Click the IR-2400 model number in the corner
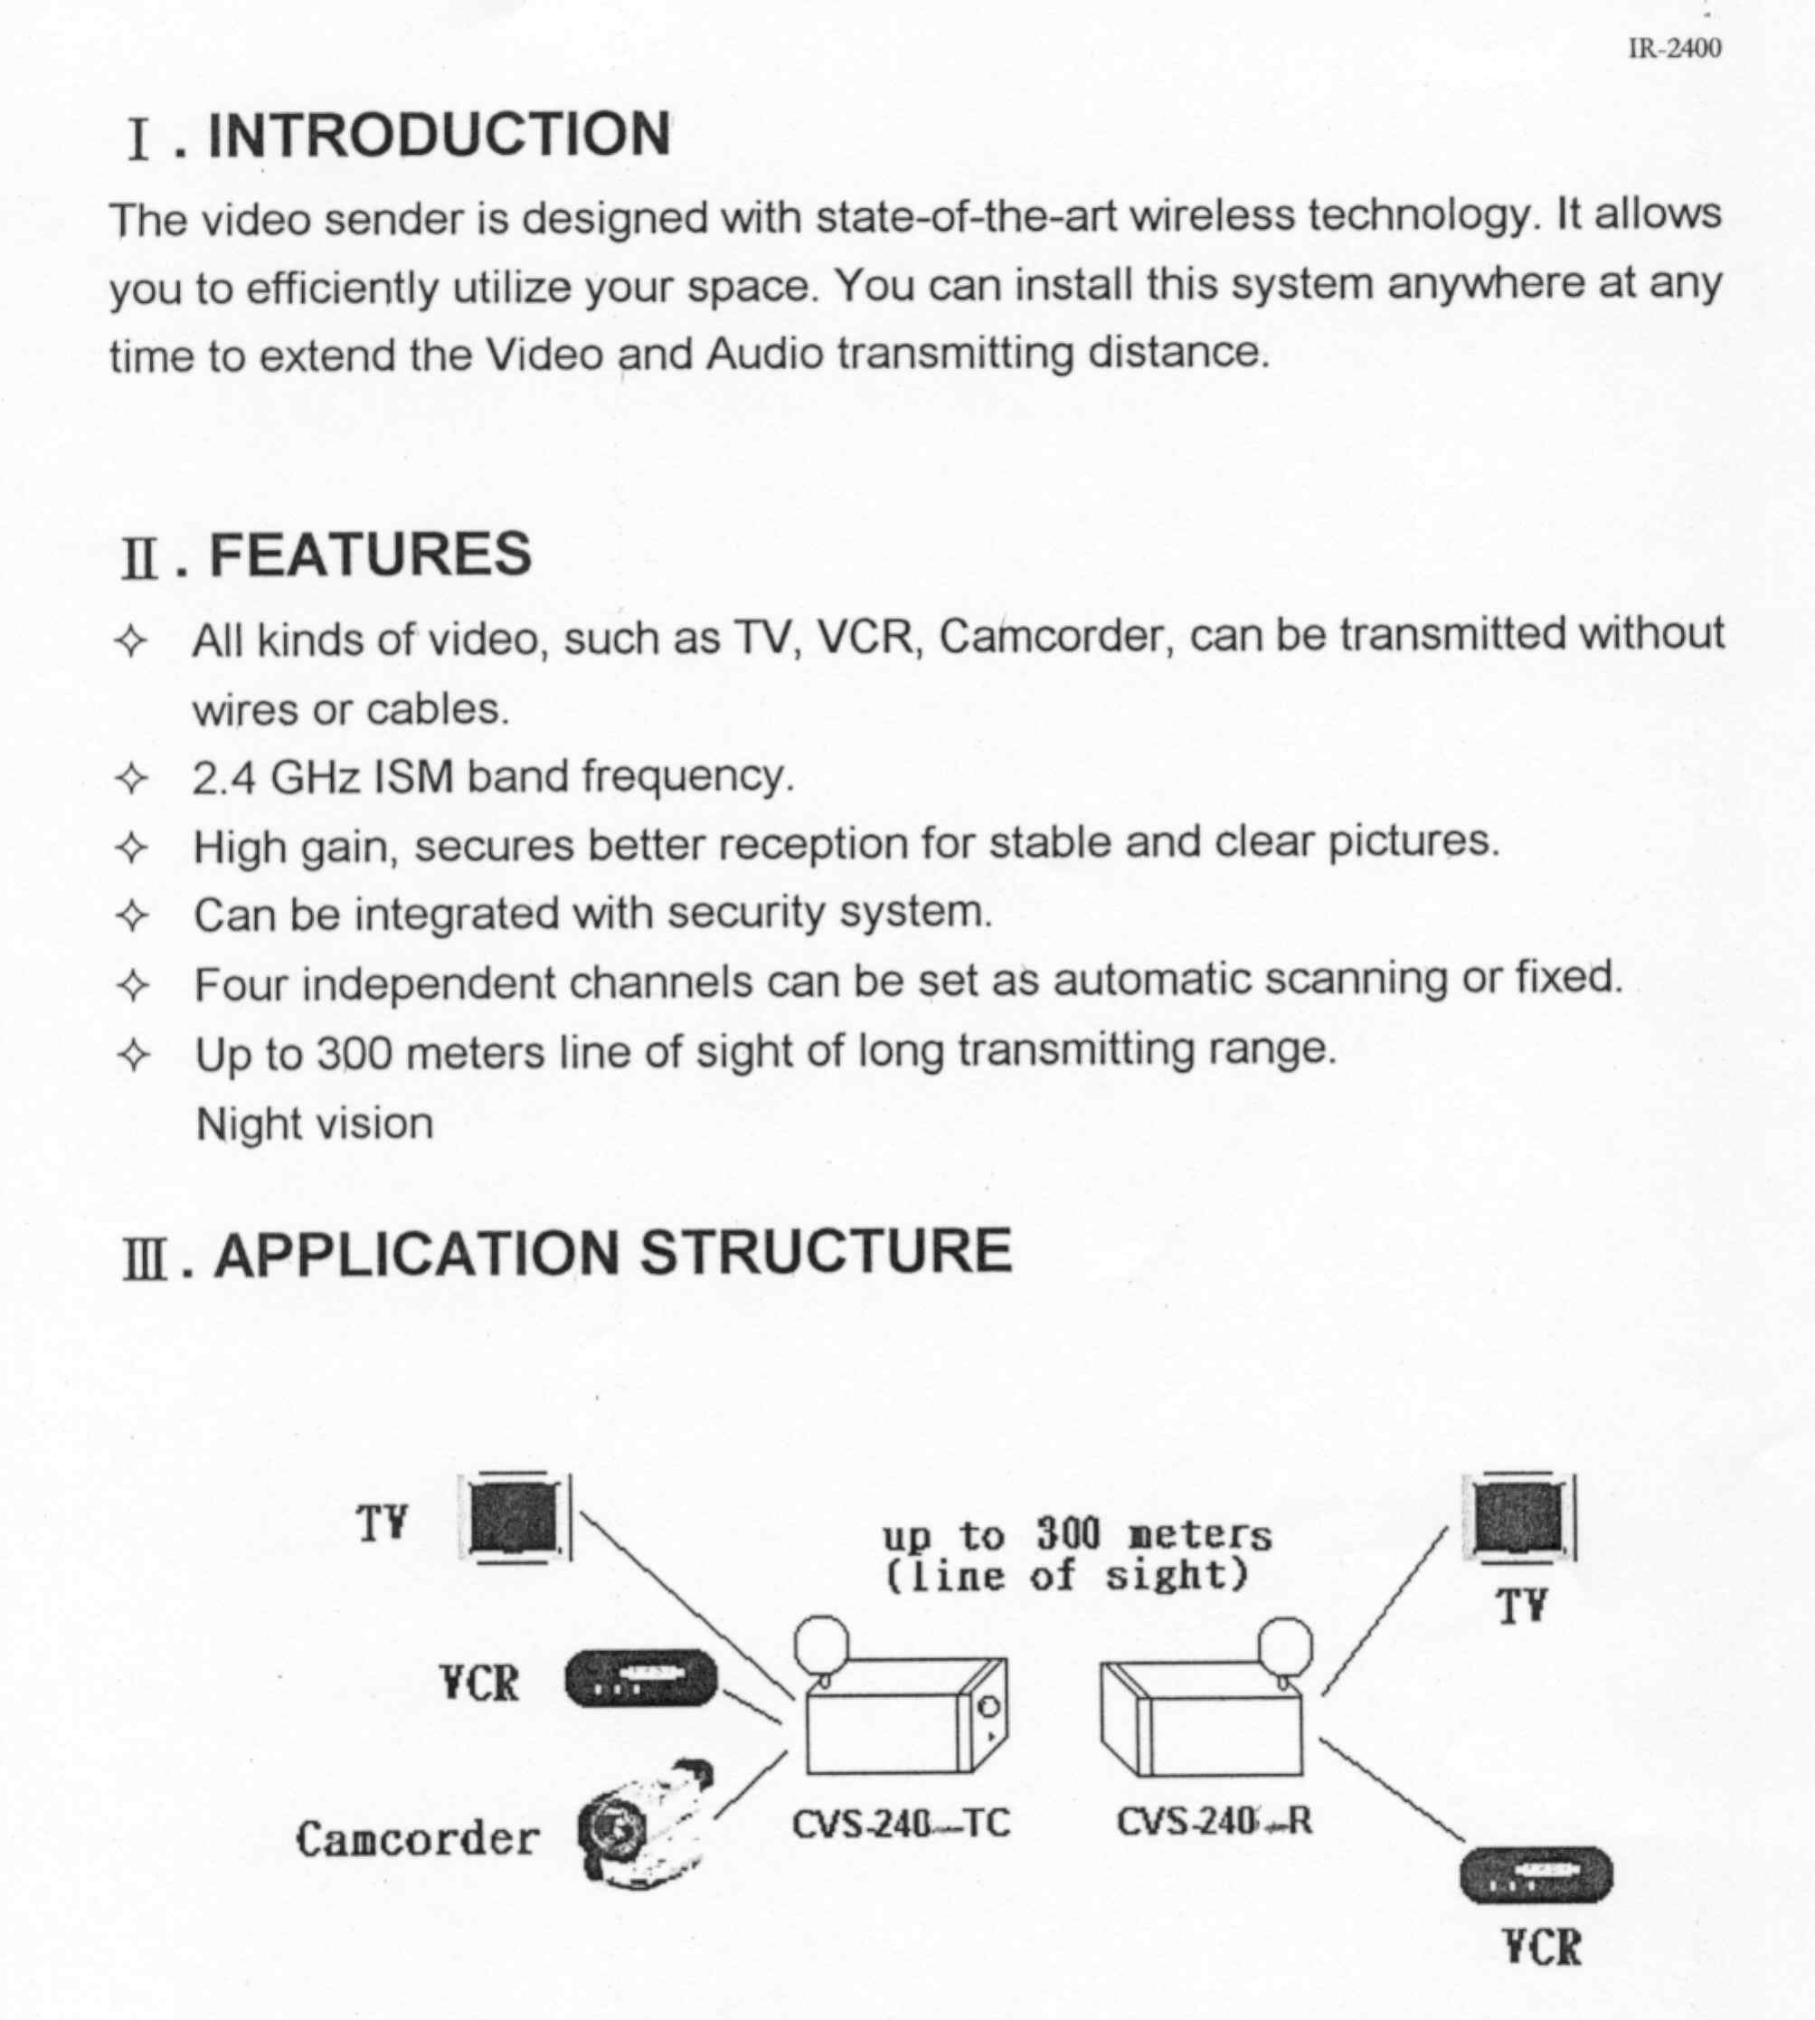coord(1675,48)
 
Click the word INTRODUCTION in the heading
coord(439,135)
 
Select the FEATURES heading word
coord(370,555)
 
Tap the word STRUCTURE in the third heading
coord(826,1252)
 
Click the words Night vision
coord(314,1124)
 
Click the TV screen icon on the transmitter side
coord(514,1516)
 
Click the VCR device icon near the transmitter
coord(641,1678)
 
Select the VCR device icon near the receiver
coord(1536,1874)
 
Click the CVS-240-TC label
coord(901,1824)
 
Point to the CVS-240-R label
coord(1214,1822)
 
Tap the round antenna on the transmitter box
coord(822,1641)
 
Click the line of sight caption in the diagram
coord(1067,1577)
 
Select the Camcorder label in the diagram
coord(417,1838)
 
